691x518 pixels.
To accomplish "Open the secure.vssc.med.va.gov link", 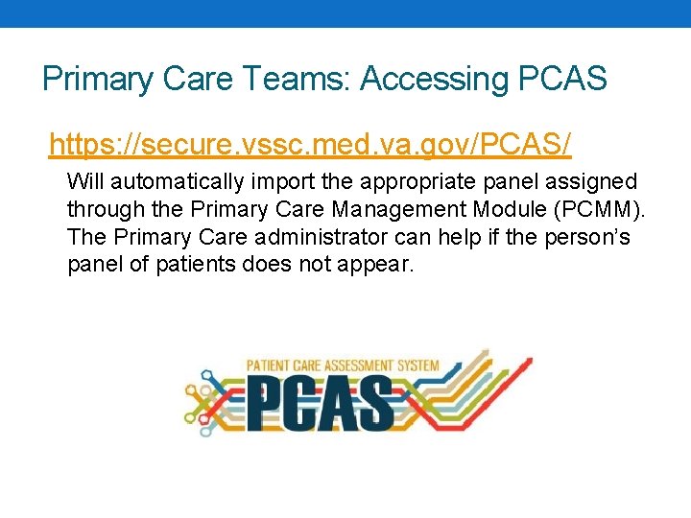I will pyautogui.click(x=310, y=145).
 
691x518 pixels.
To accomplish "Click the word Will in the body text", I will pyautogui.click(x=83, y=181).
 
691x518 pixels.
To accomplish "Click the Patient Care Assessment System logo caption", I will pyautogui.click(x=343, y=365).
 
